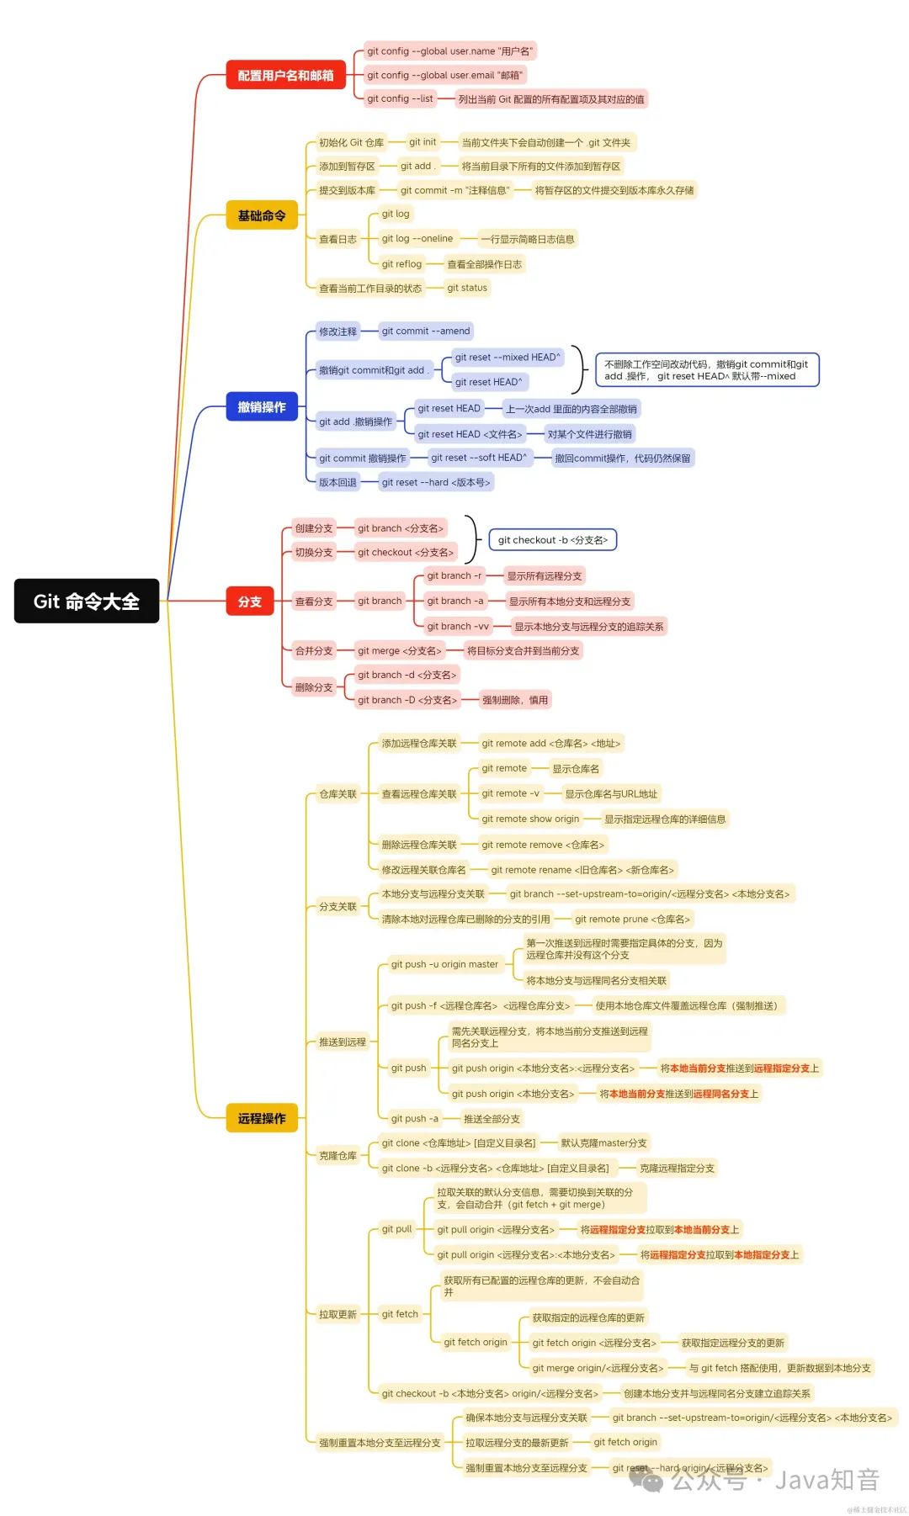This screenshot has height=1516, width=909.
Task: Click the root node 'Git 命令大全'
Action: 86,601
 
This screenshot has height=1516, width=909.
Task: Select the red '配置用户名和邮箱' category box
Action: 285,75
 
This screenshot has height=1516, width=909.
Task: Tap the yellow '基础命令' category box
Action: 261,215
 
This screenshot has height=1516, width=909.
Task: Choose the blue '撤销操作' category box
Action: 261,407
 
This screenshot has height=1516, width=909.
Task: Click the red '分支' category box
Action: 249,602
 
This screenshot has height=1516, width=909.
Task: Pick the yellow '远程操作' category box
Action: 261,1118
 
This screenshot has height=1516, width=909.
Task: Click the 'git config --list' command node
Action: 400,98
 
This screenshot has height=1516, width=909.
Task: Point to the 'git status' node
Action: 467,288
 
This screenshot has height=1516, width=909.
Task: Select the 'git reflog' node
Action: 401,264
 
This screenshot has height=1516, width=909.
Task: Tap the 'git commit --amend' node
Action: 425,331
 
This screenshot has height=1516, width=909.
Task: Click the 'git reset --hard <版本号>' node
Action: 435,482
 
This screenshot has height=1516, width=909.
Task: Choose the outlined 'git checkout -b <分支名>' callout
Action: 552,540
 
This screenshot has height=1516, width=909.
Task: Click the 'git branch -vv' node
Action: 457,626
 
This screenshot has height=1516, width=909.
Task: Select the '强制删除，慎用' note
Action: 514,700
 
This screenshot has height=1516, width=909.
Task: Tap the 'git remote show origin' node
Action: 530,819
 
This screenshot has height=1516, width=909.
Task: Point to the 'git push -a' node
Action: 414,1119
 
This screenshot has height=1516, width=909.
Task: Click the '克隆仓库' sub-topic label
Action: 338,1155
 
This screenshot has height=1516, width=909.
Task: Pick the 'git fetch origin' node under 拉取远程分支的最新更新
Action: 625,1442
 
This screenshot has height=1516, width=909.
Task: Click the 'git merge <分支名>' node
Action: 399,650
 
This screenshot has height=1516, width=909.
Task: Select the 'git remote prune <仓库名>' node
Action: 632,919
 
